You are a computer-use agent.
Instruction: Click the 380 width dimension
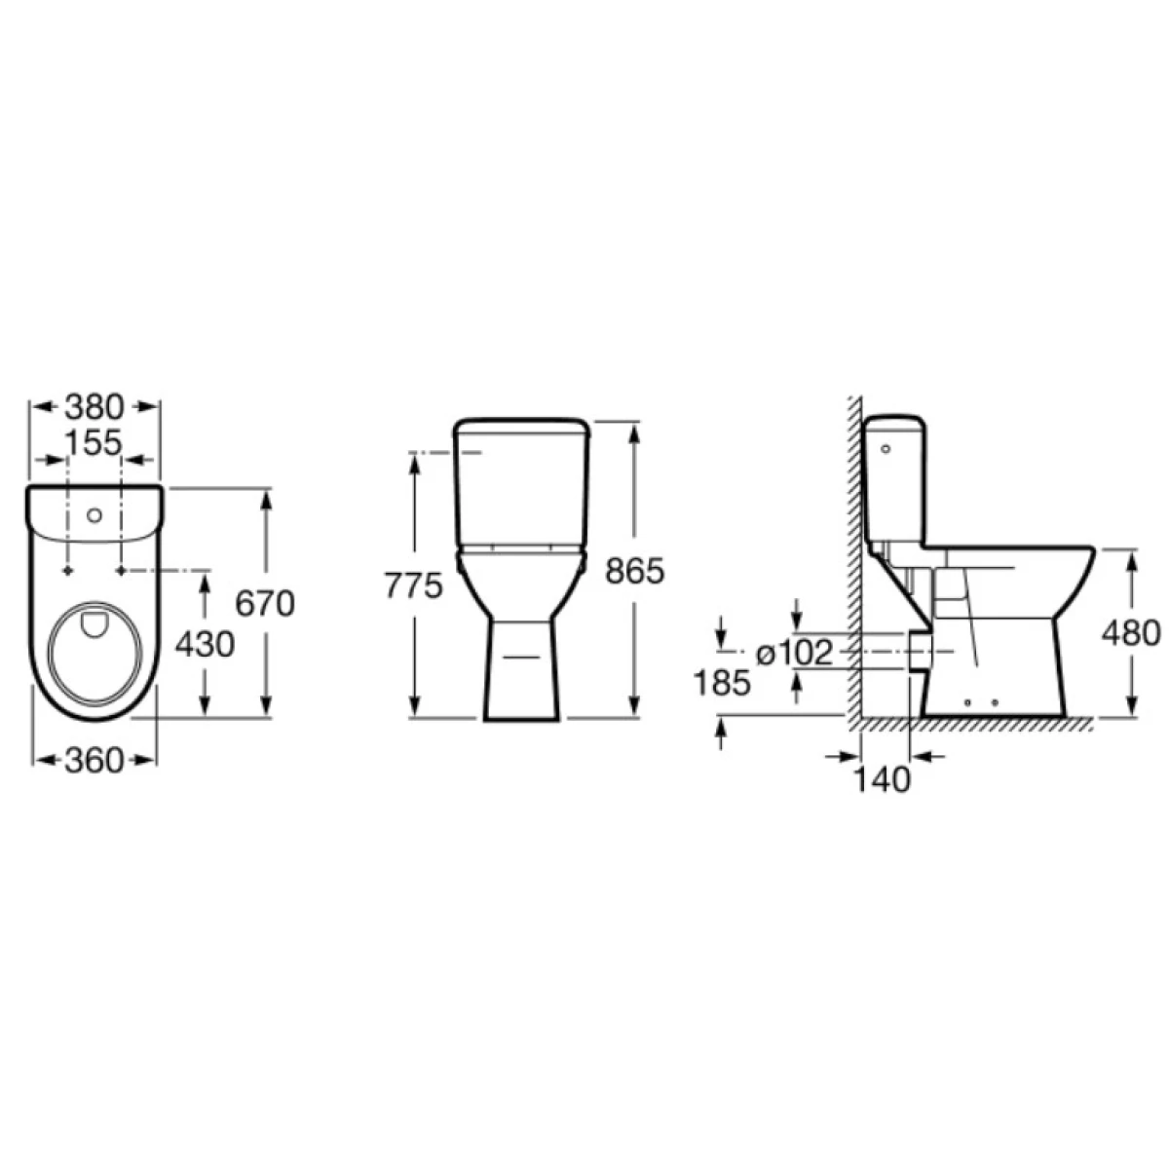click(x=94, y=407)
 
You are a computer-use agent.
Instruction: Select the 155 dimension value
click(x=94, y=443)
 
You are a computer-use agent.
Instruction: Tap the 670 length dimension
click(x=265, y=604)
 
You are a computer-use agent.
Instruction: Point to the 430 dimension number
click(x=205, y=645)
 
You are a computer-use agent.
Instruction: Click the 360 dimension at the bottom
click(x=94, y=761)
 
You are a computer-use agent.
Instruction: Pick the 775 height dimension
click(x=414, y=586)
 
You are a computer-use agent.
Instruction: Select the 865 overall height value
click(x=635, y=571)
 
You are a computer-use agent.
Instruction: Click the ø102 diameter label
click(x=795, y=654)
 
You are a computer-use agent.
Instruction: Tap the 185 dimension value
click(x=722, y=683)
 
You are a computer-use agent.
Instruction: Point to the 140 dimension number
click(x=882, y=779)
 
